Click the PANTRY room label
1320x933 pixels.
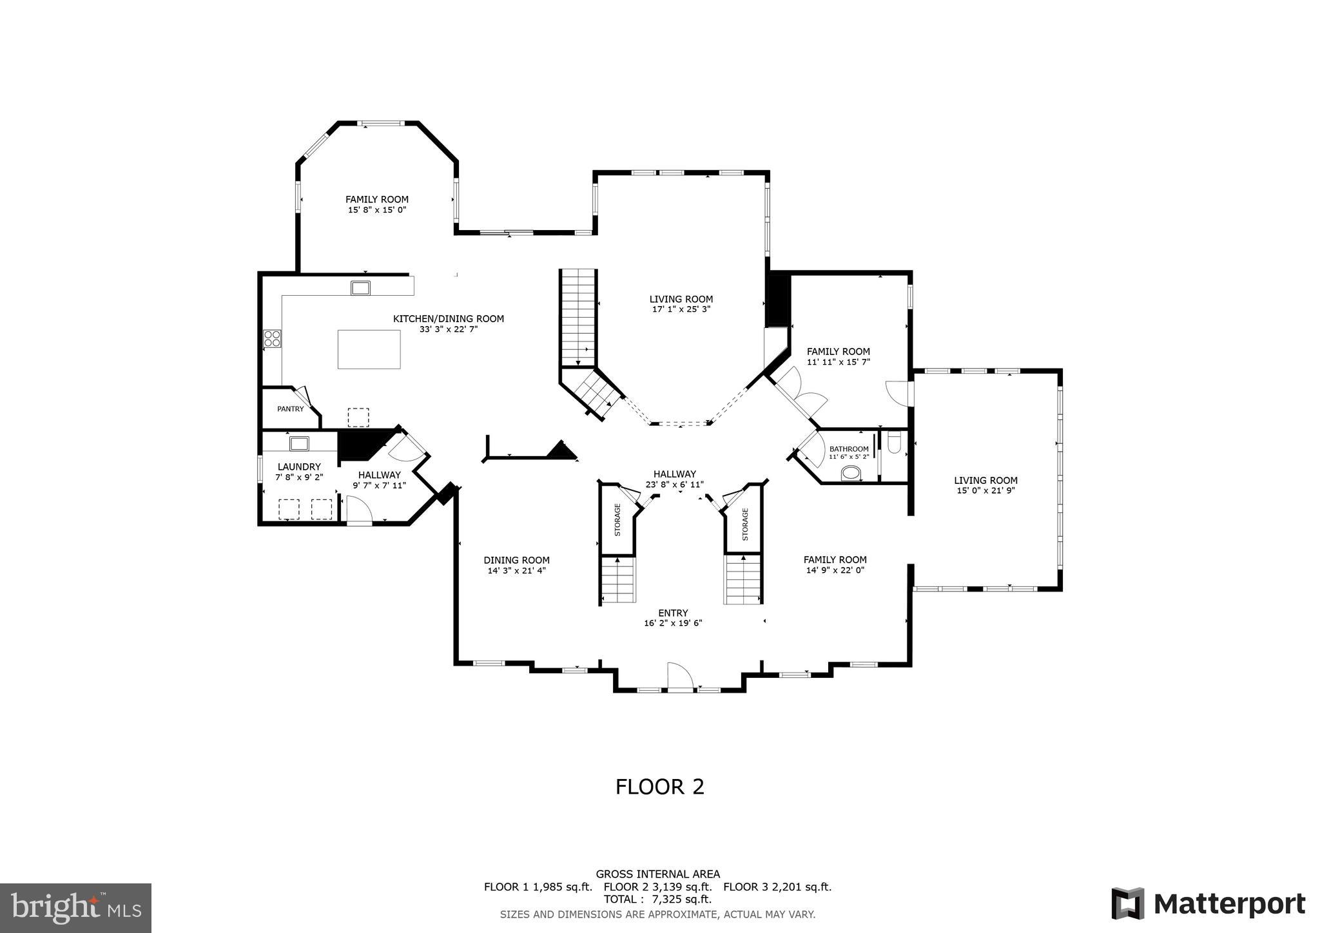290,409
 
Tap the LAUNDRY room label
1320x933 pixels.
299,466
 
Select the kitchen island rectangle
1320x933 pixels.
369,349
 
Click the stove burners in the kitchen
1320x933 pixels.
272,338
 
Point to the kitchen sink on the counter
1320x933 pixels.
360,288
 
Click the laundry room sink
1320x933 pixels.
299,443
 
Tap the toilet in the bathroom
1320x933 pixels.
894,443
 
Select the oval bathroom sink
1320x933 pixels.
851,474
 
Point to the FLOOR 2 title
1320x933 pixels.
659,787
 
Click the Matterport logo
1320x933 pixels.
1208,903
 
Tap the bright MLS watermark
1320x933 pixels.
76,907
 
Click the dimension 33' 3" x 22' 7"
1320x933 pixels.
449,329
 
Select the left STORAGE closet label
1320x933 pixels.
617,520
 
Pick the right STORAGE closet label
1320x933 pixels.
745,524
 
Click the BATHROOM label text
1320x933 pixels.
849,449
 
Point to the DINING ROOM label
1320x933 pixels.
516,560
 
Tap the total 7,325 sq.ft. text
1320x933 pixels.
657,899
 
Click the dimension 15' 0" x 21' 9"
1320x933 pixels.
985,490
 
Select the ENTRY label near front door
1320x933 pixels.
673,613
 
